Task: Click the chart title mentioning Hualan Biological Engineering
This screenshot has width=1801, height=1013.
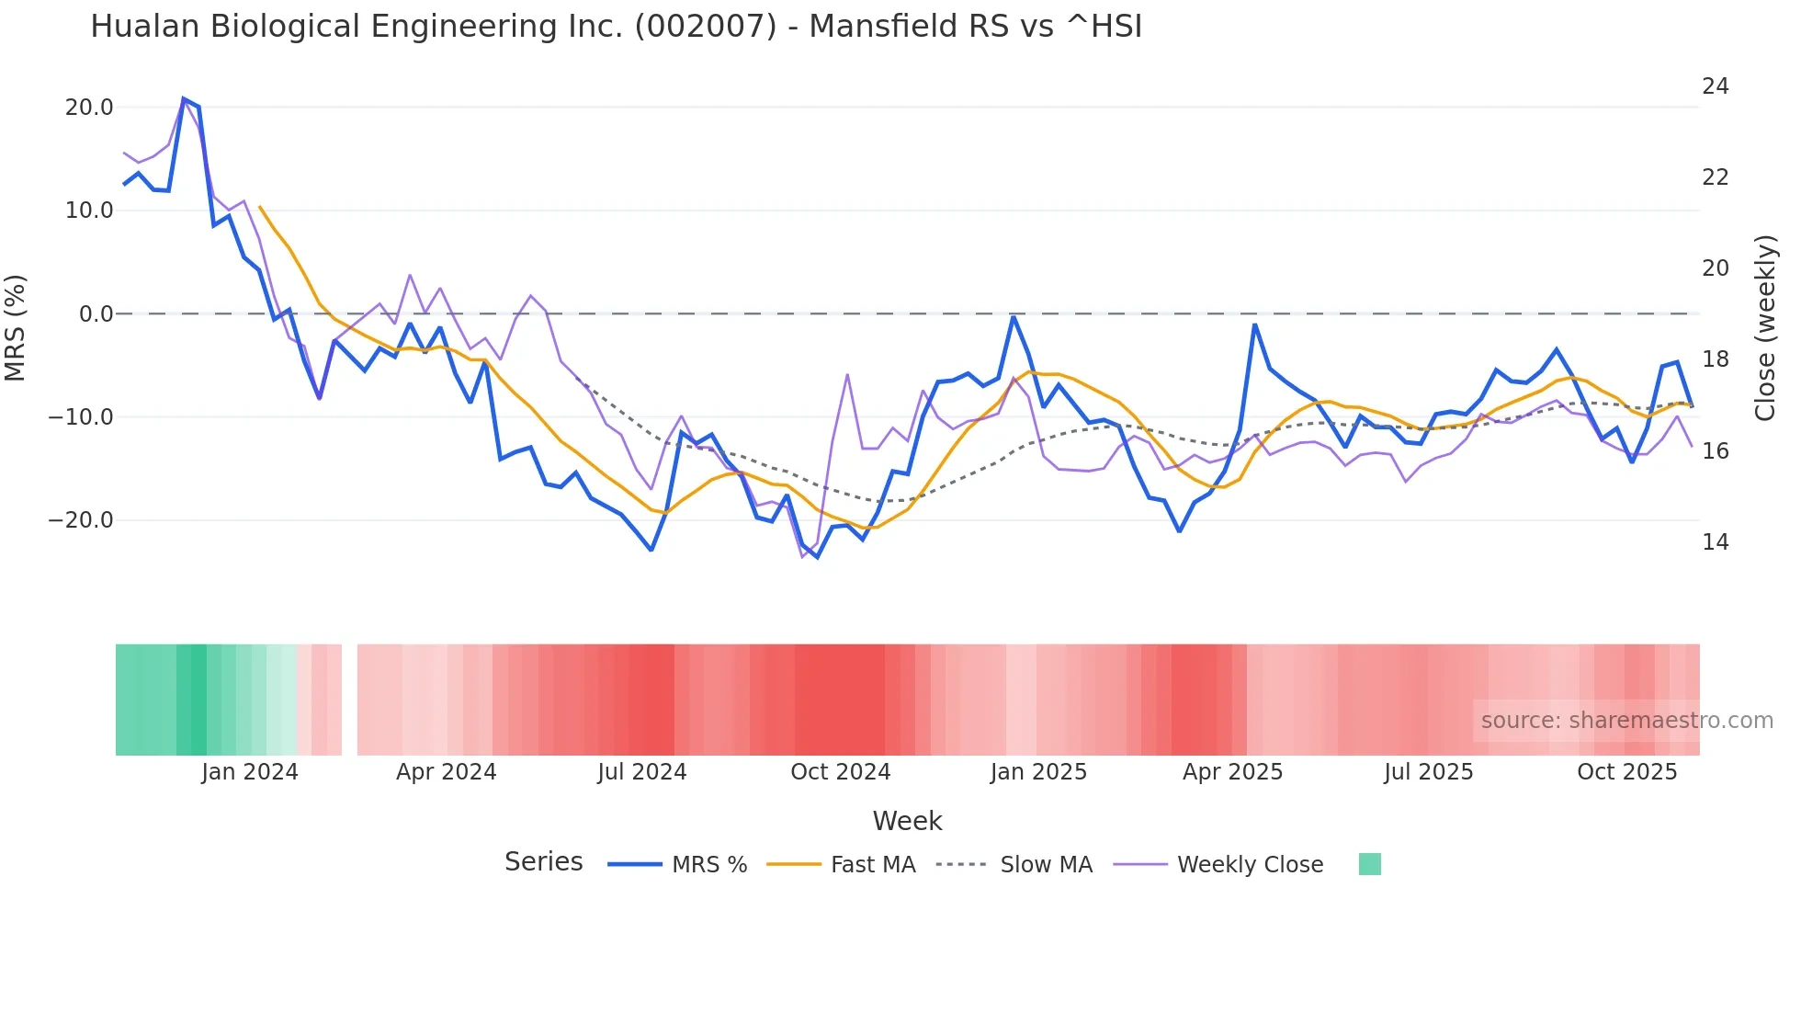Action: (616, 27)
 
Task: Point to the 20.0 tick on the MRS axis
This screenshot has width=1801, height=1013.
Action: (89, 108)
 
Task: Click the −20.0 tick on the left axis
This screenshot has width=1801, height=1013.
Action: (81, 520)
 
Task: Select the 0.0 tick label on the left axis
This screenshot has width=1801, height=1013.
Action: (96, 314)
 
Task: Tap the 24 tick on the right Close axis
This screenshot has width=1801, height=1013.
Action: (1715, 86)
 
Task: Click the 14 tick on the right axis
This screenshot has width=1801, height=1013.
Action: (1715, 542)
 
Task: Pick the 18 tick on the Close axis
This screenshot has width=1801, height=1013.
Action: (1715, 359)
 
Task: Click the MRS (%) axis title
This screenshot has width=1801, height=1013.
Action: (16, 327)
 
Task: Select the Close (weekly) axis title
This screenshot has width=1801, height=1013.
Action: (1765, 328)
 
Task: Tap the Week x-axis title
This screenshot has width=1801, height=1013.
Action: (907, 821)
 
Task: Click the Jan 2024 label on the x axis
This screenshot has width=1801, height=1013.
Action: (250, 772)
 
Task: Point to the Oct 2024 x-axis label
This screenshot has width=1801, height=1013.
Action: (840, 772)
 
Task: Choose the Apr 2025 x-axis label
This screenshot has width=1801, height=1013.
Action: (1232, 772)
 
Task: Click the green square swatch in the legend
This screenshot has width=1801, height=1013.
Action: (1369, 864)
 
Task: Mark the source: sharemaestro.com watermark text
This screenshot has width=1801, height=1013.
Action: (1626, 721)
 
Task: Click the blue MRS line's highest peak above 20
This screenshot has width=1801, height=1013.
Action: (184, 98)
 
